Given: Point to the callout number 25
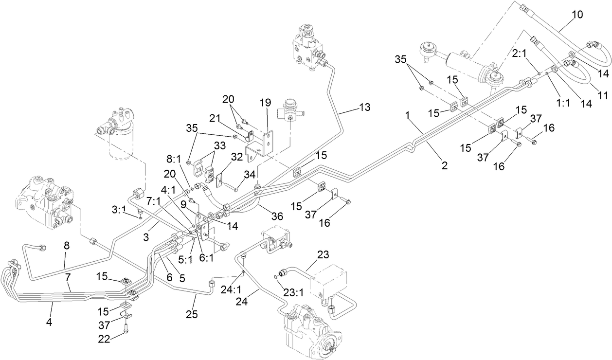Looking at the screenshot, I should point(192,314).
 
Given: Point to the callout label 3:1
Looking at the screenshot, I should point(119,209).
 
